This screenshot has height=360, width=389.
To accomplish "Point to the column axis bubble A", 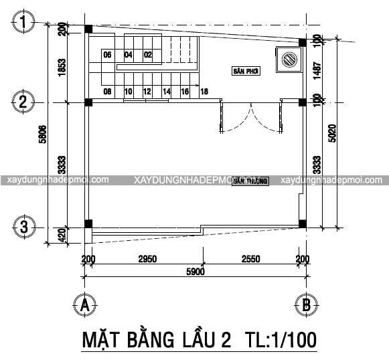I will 84,305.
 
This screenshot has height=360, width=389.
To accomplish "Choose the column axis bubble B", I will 305,305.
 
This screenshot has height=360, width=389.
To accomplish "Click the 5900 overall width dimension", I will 195,272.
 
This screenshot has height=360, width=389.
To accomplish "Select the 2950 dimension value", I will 147,259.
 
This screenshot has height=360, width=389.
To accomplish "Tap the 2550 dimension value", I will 253,259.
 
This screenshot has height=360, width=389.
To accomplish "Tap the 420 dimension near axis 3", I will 61,236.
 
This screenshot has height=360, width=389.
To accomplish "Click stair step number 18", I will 204,91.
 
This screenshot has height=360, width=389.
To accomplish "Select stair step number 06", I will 107,55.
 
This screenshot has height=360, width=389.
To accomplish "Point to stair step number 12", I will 147,91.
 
